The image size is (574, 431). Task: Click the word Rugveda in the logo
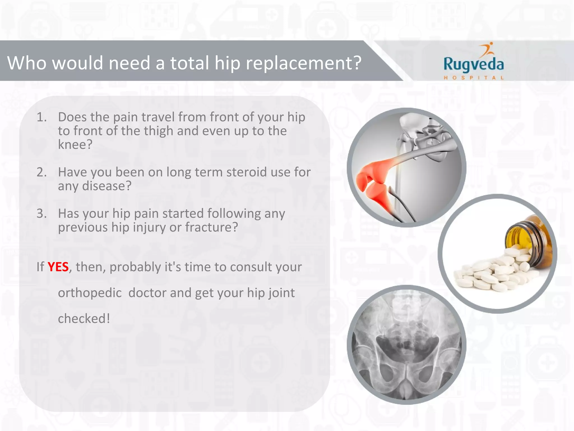tap(473, 64)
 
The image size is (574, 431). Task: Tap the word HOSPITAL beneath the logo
tap(473, 78)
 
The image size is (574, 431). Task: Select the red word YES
tap(58, 267)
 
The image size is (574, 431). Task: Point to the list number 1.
tap(41, 117)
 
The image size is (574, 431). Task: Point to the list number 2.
tap(41, 172)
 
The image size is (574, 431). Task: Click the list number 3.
tap(41, 214)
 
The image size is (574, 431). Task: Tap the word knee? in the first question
tap(75, 145)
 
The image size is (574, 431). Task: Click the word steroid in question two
tap(247, 172)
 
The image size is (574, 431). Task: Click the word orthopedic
tap(90, 293)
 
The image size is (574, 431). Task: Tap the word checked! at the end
tap(84, 319)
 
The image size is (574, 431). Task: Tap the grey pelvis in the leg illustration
tap(429, 135)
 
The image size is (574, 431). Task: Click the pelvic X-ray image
tap(406, 345)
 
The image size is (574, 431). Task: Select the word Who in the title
tap(27, 63)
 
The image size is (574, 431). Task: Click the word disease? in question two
tap(107, 186)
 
